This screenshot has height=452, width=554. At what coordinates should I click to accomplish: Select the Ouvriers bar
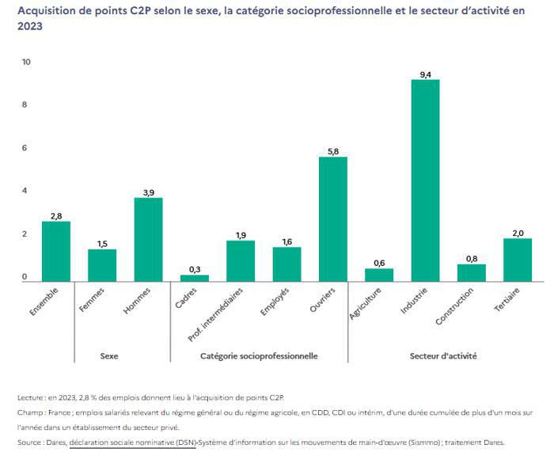click(332, 218)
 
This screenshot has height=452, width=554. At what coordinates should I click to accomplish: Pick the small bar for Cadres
click(194, 278)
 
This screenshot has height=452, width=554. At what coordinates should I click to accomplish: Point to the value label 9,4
click(425, 74)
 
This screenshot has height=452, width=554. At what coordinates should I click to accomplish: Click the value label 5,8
click(332, 151)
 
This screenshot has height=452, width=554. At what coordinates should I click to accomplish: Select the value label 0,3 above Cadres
click(194, 269)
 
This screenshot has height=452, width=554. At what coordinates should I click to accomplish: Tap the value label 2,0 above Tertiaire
click(518, 233)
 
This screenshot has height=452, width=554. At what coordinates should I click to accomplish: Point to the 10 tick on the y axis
click(25, 62)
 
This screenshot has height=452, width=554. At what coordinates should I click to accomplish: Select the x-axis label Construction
click(455, 310)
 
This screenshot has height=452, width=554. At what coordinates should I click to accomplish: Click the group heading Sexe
click(109, 356)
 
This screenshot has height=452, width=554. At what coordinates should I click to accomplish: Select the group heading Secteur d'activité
click(442, 356)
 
